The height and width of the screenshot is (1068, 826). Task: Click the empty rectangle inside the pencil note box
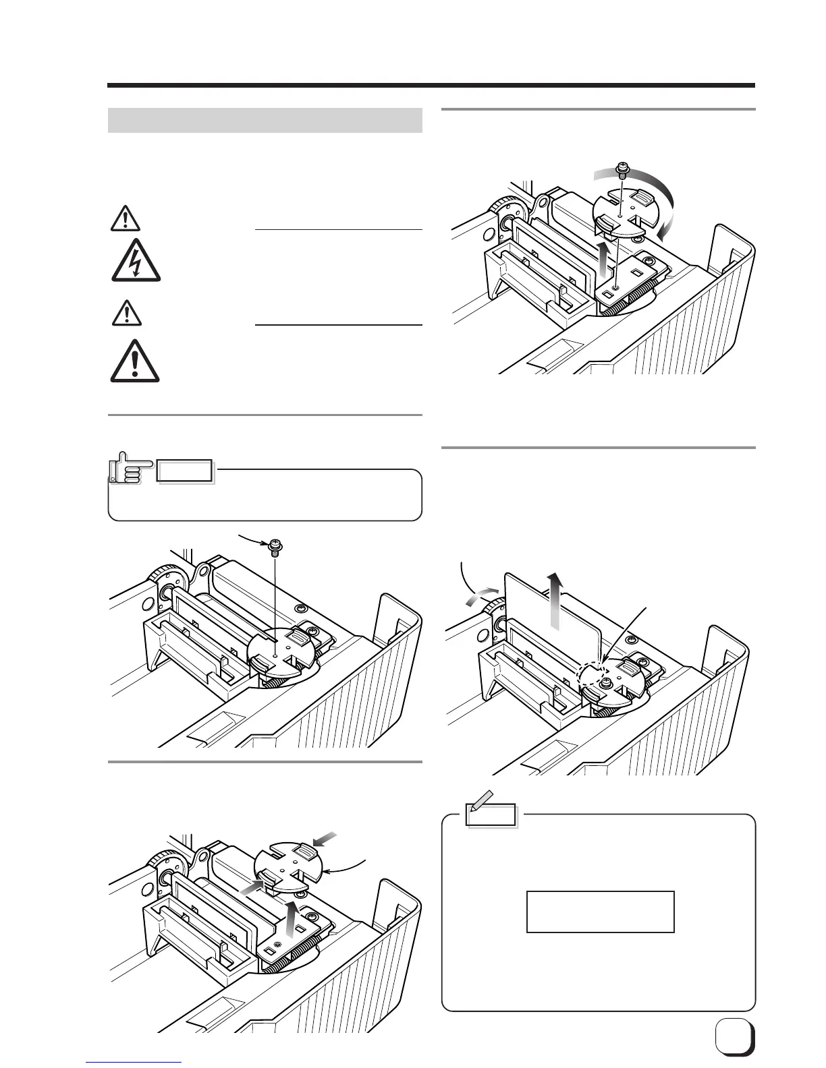pos(600,912)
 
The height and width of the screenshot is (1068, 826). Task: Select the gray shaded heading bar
pos(265,121)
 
